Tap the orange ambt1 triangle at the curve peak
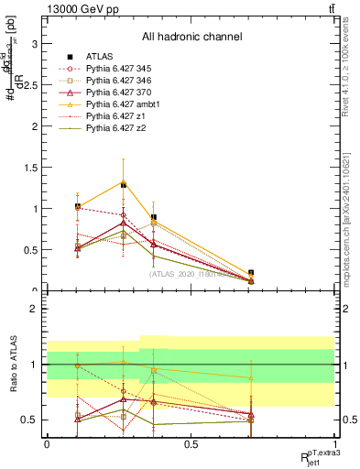[x=122, y=182]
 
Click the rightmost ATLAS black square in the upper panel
[x=251, y=273]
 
